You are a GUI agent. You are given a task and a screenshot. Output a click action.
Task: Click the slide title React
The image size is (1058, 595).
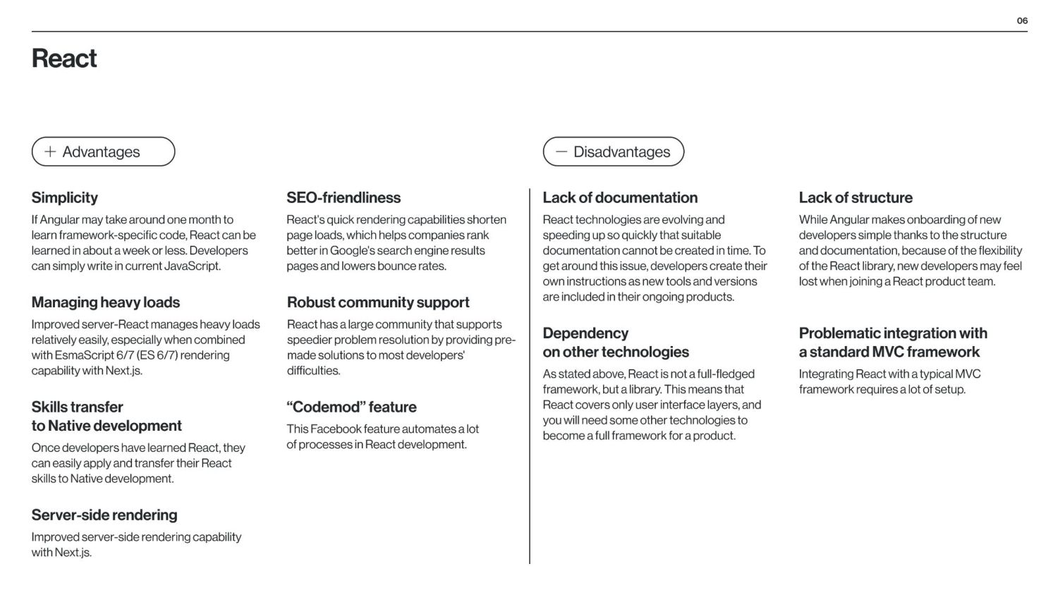coord(64,59)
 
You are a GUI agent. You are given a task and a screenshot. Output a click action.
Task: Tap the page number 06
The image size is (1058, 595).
coord(1022,21)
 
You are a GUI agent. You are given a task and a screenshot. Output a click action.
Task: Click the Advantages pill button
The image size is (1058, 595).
coord(103,152)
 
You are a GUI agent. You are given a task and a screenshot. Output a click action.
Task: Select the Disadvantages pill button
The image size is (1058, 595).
coord(613,152)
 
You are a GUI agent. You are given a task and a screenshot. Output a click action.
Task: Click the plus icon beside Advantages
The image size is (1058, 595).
coord(50,152)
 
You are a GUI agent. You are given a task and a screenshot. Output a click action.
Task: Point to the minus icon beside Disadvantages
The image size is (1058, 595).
coord(561,152)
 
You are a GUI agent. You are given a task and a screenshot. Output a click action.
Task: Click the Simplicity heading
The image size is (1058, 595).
coord(64,198)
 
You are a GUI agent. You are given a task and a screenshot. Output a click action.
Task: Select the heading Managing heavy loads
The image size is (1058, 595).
coord(105,302)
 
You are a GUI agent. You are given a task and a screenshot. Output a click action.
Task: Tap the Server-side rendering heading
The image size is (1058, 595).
coord(104,515)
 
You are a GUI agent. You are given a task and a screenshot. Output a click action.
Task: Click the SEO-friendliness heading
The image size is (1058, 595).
coord(343,198)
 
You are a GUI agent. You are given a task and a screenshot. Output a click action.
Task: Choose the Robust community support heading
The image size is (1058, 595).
coord(378,302)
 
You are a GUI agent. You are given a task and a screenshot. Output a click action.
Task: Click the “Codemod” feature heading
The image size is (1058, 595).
coord(351,407)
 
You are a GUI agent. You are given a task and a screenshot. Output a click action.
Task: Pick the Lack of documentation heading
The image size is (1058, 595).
coord(620,198)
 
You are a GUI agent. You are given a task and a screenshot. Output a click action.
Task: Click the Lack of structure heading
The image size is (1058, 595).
coord(856,198)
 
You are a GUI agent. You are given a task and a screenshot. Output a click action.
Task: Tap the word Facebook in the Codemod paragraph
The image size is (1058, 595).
coord(336,429)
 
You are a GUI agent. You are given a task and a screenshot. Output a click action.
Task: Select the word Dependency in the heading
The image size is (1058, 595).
coord(585,333)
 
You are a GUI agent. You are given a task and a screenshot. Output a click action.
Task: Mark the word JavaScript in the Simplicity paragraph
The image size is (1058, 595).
coord(192,266)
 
